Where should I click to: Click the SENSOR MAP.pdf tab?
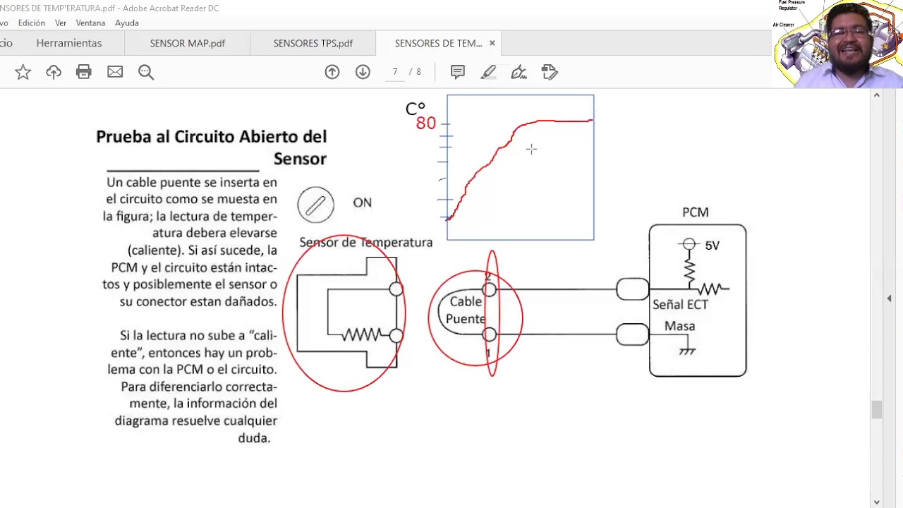coord(187,43)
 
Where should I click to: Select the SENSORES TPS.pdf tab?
coord(313,43)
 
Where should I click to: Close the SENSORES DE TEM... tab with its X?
coord(492,43)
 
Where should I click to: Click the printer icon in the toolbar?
coord(84,72)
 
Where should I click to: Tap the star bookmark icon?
coord(23,72)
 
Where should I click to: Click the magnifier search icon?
coord(146,72)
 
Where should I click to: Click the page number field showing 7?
coord(395,72)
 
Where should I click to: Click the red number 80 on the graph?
coord(425,123)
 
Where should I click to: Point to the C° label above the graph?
coord(415,109)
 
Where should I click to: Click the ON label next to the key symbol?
coord(362,203)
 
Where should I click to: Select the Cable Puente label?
coord(466,310)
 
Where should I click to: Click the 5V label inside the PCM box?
coord(712,246)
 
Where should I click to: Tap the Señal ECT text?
coord(680,305)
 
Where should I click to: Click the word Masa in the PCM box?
coord(679,327)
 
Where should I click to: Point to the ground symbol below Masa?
coord(687,350)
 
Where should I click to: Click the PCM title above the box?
coord(695,212)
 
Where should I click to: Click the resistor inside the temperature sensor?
coord(361,335)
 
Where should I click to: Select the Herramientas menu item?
coord(69,43)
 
